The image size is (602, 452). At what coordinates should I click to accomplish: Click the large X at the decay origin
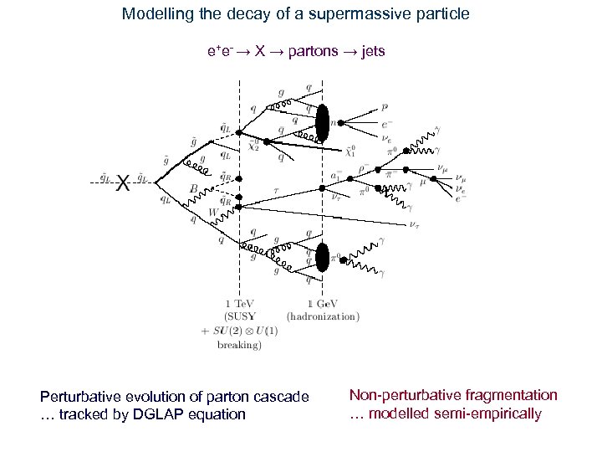[x=122, y=182]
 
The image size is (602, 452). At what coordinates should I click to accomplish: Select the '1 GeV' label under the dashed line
[x=322, y=304]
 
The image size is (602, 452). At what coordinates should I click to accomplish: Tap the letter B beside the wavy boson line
[x=193, y=189]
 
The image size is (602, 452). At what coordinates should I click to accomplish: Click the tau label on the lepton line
[x=276, y=190]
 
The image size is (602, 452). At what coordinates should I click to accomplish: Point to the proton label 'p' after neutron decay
[x=384, y=107]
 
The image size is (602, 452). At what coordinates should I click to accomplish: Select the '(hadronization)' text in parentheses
[x=323, y=316]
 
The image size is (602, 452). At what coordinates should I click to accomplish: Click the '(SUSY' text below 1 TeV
[x=242, y=316]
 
